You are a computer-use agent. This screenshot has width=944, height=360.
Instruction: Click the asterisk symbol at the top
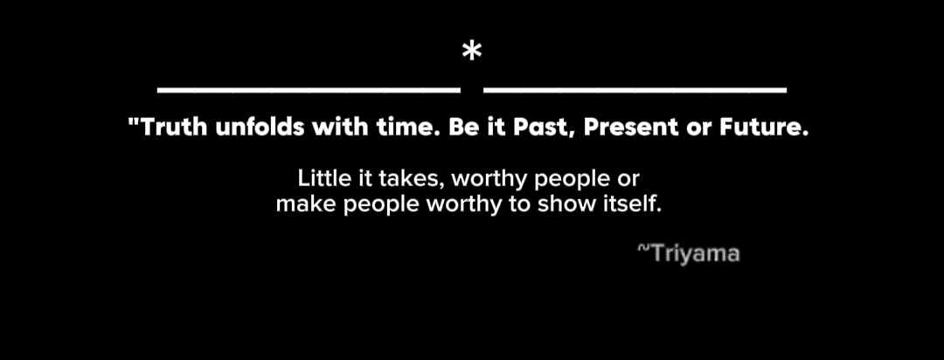pyautogui.click(x=472, y=52)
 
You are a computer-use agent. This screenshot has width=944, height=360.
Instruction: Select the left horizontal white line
pyautogui.click(x=309, y=90)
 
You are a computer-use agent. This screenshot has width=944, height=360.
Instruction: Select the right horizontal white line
pyautogui.click(x=635, y=90)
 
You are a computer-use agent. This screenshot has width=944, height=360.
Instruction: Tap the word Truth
pyautogui.click(x=175, y=128)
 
